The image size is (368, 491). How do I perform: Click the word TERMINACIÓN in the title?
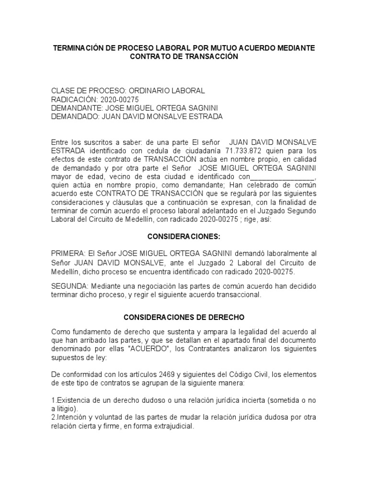(x=78, y=48)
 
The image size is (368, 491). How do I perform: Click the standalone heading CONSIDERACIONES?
(x=184, y=236)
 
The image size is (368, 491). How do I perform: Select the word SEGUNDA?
(x=69, y=286)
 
